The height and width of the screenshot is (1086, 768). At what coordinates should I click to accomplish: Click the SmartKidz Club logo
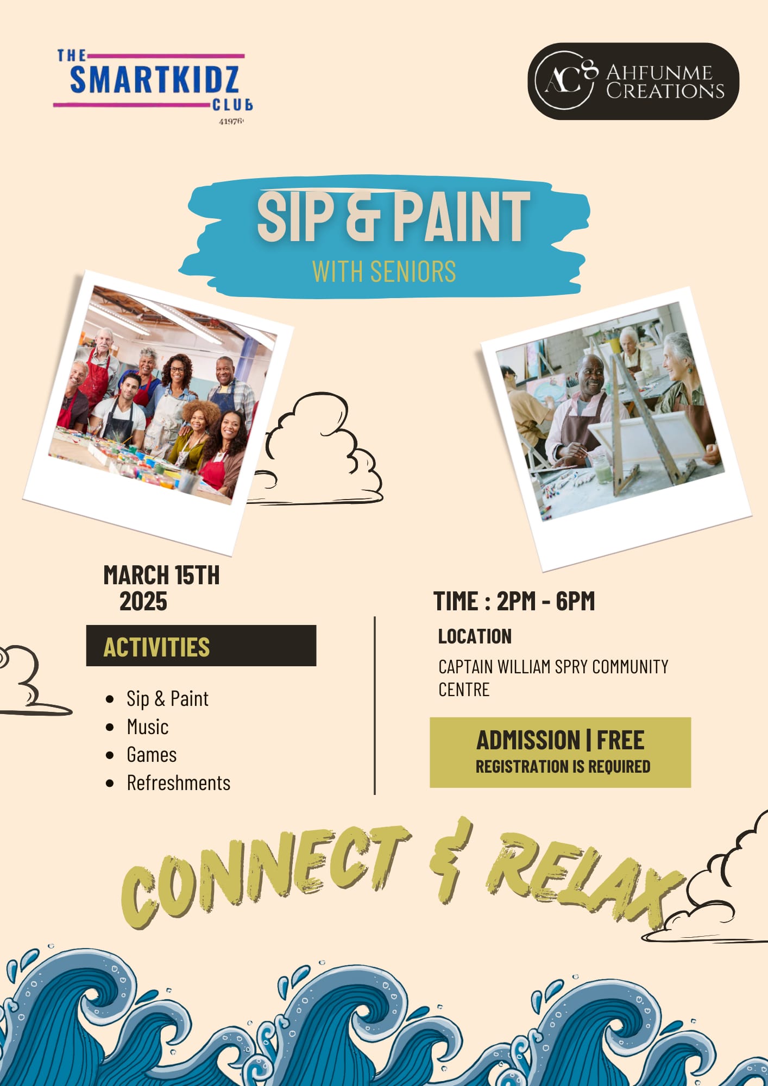point(153,86)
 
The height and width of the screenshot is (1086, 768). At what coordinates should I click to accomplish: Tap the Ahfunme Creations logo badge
point(633,81)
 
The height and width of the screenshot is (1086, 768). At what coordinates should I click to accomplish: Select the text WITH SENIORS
point(384,271)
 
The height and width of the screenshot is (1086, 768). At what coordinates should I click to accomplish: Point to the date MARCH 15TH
point(161,575)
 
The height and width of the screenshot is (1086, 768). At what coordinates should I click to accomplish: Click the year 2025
point(143,601)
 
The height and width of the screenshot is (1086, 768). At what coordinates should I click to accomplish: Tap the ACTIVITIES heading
point(156,647)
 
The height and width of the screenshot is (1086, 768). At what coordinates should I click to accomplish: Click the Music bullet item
point(147,727)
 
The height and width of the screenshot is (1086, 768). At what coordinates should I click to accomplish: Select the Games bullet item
point(152,755)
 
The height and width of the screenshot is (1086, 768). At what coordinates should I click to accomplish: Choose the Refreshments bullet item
point(178,783)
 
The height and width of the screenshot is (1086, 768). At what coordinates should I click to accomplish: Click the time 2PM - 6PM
point(546,601)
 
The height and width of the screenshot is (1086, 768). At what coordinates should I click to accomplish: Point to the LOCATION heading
point(475,636)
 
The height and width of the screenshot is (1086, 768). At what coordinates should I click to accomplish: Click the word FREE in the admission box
point(620,740)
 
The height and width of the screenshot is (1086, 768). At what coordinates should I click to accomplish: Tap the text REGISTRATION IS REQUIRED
point(563,766)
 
